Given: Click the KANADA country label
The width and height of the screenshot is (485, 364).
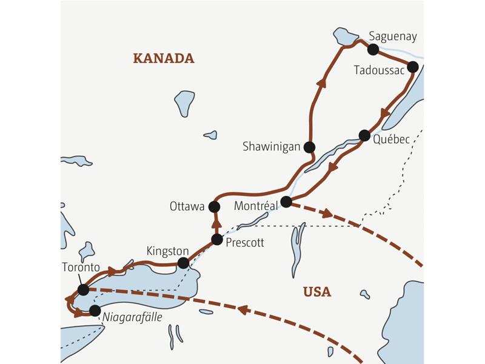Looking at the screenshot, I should (163, 58).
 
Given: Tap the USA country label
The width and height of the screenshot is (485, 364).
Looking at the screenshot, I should (317, 292).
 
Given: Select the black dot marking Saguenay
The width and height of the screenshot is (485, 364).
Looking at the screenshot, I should (373, 49).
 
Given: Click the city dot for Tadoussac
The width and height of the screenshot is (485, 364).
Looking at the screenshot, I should (413, 67).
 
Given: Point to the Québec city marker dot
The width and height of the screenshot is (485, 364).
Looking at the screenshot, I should (364, 135).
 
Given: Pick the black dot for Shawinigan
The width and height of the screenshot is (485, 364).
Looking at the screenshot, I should (309, 146).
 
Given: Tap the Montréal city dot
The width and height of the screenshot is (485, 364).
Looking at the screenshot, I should (286, 201).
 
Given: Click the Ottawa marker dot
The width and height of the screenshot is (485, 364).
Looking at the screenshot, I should (214, 207).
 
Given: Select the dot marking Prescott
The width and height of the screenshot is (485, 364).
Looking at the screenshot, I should (216, 239).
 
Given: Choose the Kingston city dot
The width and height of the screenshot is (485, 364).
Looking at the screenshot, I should (182, 263).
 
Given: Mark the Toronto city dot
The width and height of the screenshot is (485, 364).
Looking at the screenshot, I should (83, 290).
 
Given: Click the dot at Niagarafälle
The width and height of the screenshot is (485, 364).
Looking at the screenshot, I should (95, 311).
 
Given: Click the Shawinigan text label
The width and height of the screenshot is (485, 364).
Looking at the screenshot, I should (270, 147).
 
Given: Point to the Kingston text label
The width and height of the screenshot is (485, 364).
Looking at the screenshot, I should (168, 250).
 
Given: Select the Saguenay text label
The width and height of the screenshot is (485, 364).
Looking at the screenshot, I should (393, 36).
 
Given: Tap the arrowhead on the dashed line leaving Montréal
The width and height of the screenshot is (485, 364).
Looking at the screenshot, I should (327, 214).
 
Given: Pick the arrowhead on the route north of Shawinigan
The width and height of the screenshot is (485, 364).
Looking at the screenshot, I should (321, 83).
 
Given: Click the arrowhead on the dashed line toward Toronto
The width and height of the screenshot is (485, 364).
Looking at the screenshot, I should (242, 309).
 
